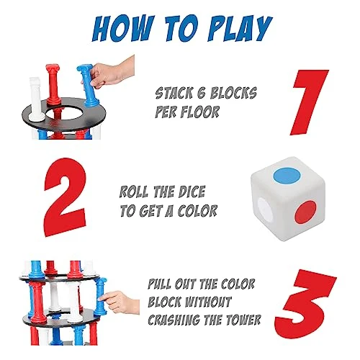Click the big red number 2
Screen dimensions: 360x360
[65, 197]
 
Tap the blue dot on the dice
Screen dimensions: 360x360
[287, 176]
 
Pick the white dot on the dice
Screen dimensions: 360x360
[265, 210]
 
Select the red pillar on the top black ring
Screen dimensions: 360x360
[53, 84]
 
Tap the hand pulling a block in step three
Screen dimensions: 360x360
[120, 302]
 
